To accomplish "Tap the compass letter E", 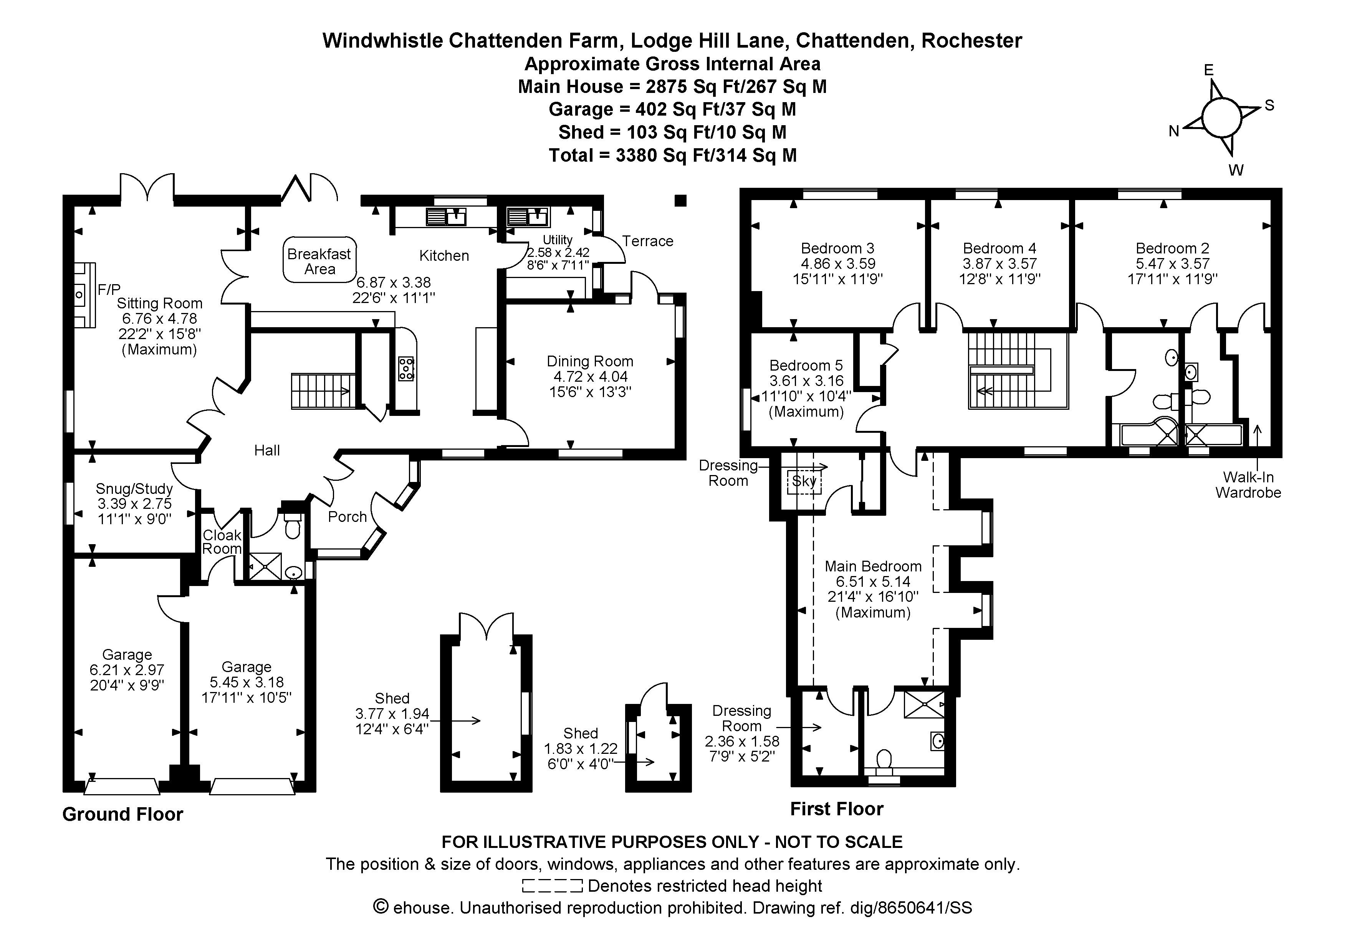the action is coord(1208,70).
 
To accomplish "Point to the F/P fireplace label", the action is coord(109,289).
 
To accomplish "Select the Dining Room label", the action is coord(590,361).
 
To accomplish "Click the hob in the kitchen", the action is coord(406,368).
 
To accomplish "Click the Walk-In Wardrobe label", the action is coord(1248,485).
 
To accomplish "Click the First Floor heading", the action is coord(837,809).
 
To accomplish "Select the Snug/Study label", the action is coord(134,488).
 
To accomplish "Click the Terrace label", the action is coord(648,241).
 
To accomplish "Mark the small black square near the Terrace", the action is coord(680,200).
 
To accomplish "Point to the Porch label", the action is coord(348,517).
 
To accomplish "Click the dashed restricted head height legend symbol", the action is coord(552,886).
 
